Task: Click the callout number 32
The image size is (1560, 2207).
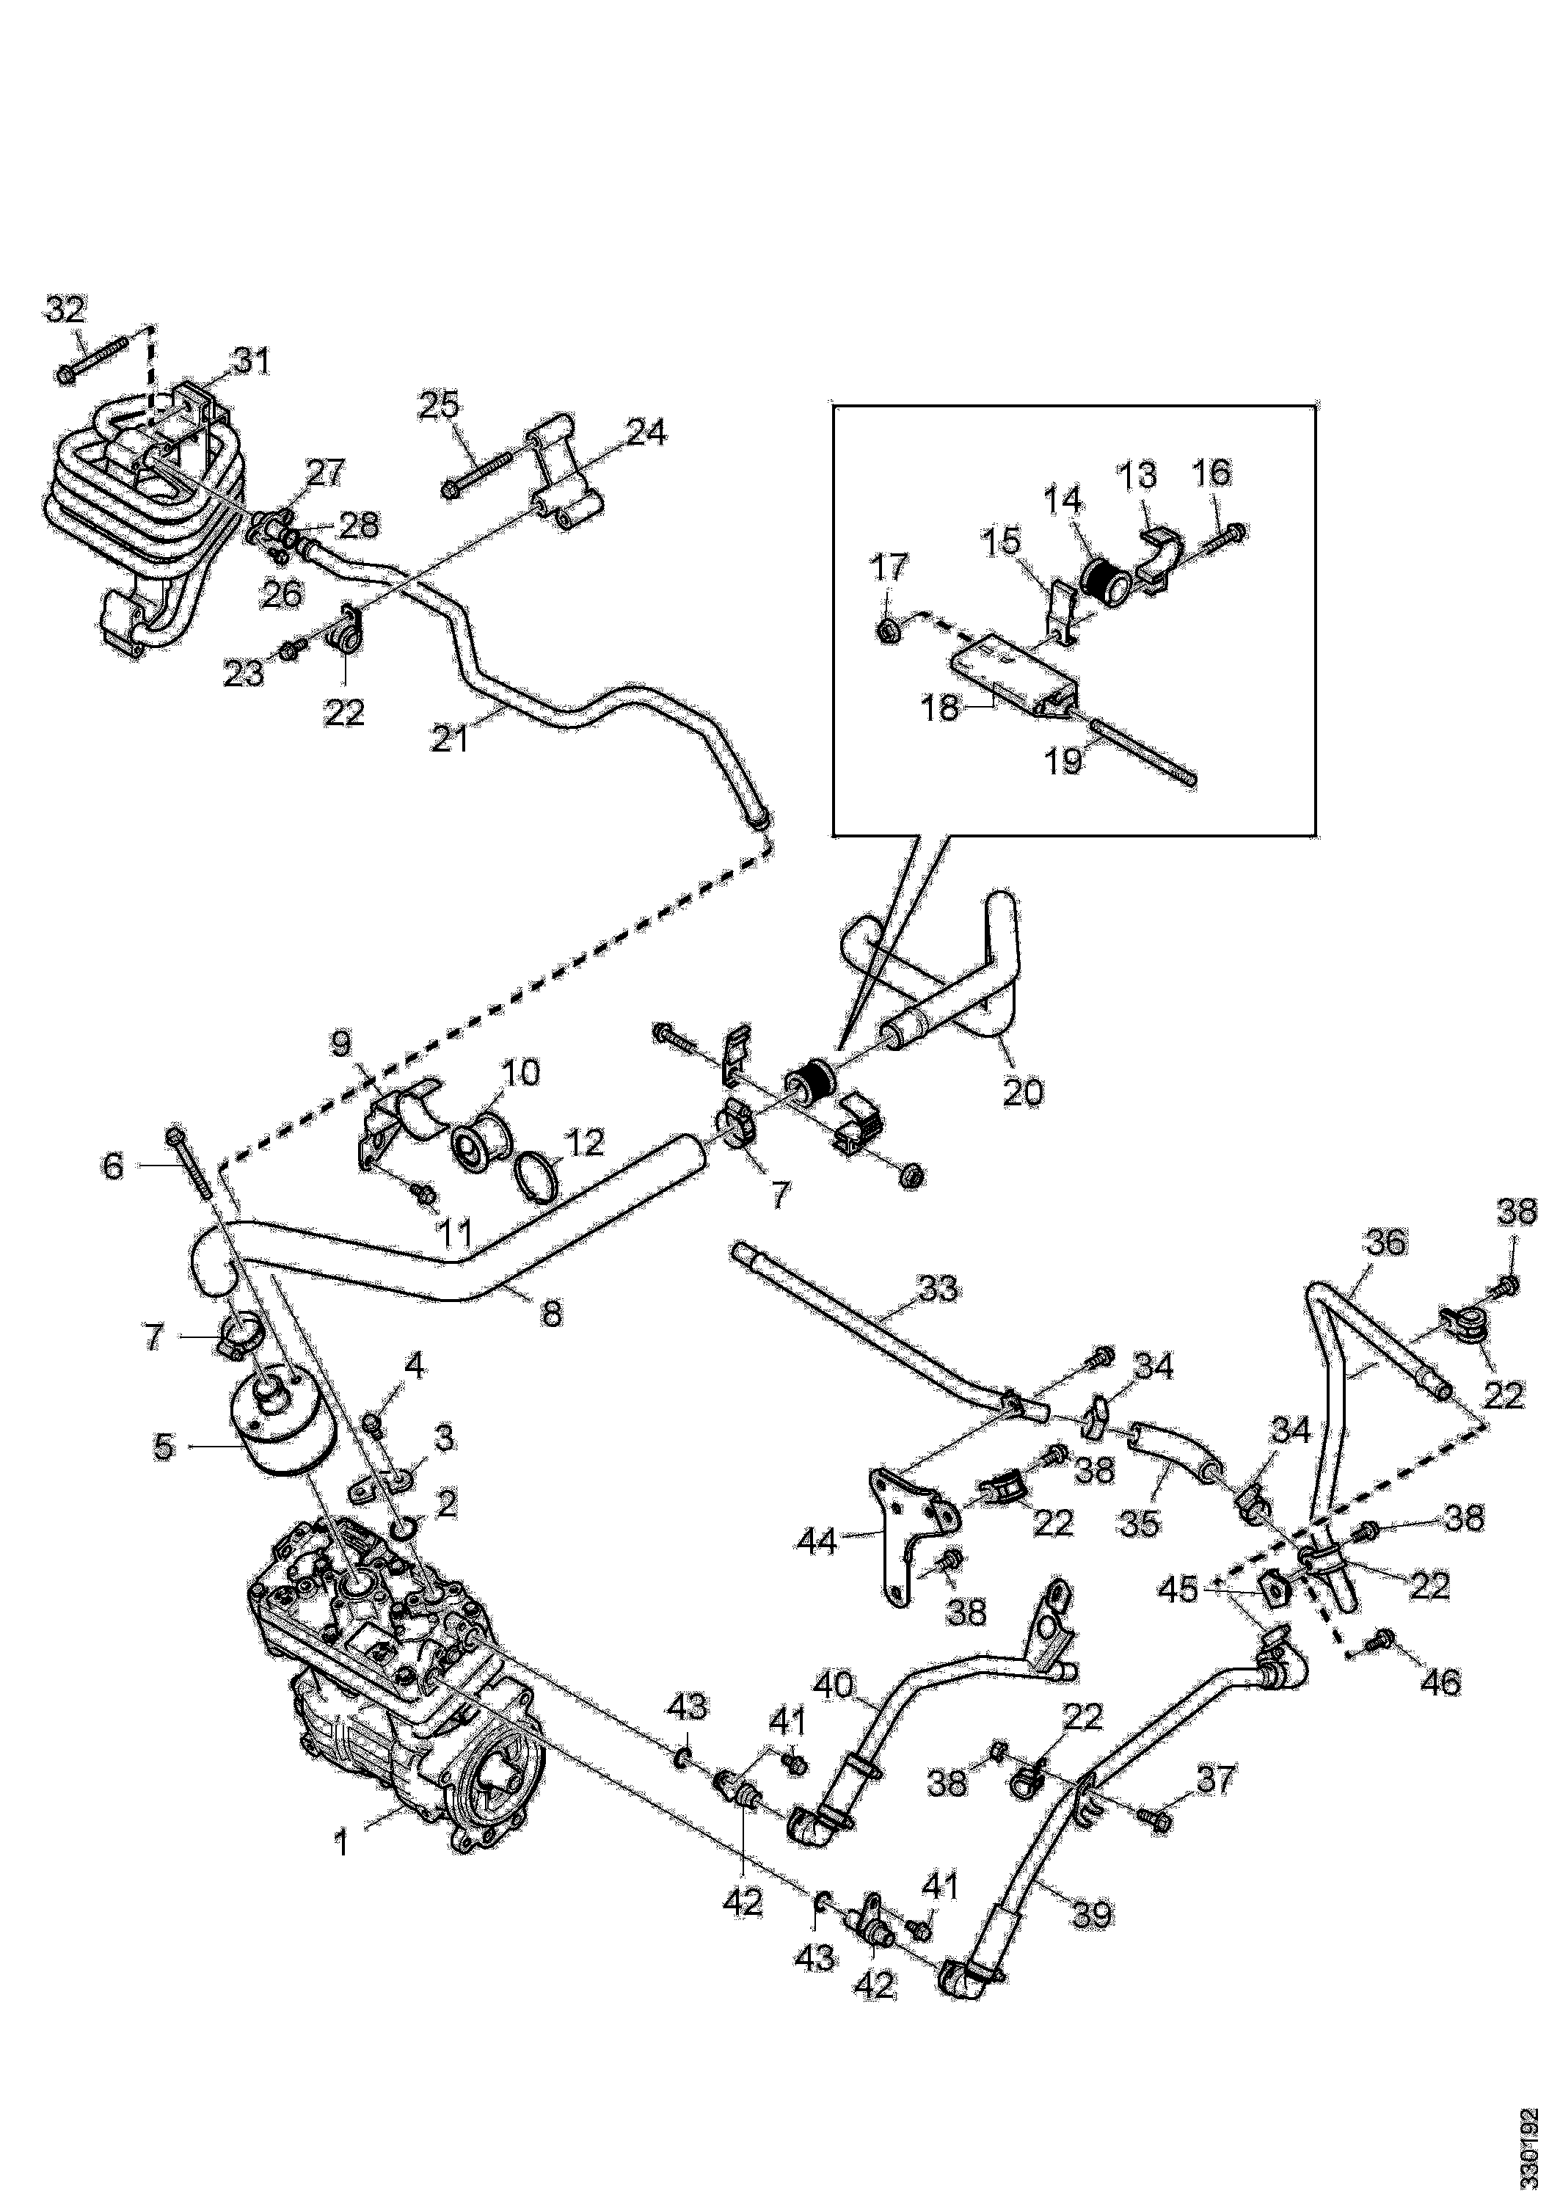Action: point(65,310)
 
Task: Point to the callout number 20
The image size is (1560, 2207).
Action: point(1023,1093)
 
